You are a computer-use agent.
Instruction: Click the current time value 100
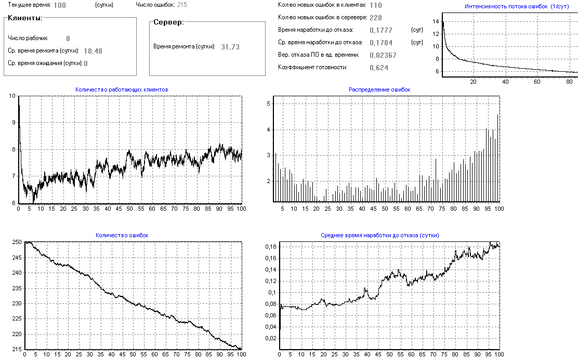(x=60, y=5)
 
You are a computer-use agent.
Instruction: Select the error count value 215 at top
(x=182, y=5)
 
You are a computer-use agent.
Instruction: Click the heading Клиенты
(x=25, y=18)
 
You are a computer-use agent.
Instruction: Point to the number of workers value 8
(x=68, y=38)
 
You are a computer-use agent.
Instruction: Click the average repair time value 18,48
(x=93, y=51)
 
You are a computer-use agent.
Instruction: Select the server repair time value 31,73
(x=230, y=47)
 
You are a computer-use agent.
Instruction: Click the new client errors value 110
(x=376, y=5)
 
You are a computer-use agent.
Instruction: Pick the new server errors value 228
(x=376, y=18)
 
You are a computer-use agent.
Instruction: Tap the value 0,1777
(x=381, y=30)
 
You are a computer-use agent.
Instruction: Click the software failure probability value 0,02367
(x=383, y=55)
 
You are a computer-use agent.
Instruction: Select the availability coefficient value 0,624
(x=379, y=68)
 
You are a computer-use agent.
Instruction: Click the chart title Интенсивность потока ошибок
(x=508, y=6)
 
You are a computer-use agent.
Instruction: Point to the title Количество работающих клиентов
(x=122, y=89)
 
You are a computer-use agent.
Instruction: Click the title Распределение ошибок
(x=379, y=89)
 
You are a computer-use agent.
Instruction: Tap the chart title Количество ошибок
(x=122, y=235)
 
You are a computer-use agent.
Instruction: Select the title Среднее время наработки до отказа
(x=380, y=235)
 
